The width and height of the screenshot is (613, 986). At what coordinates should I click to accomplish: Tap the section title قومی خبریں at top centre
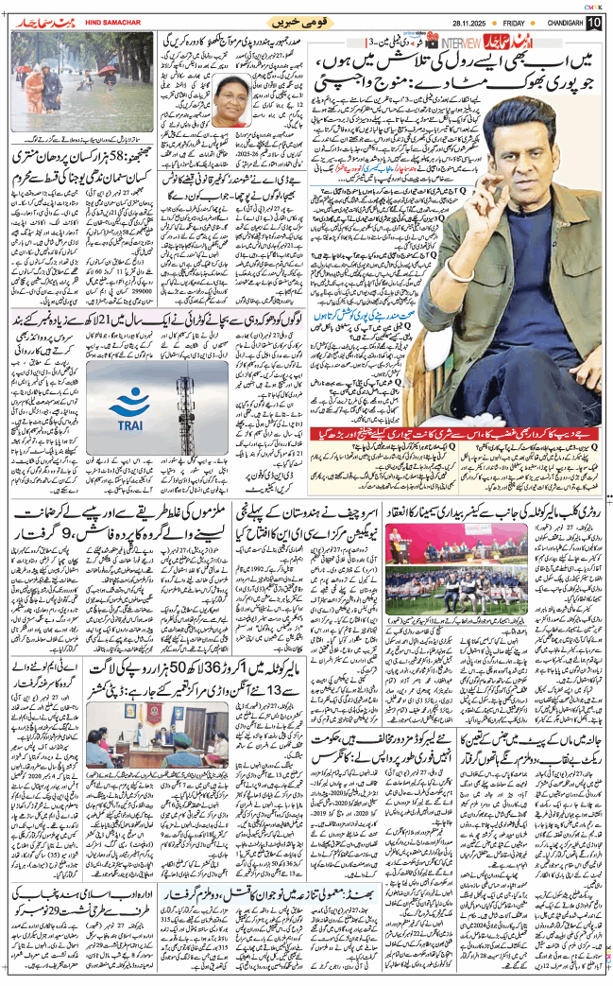tap(300, 21)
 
